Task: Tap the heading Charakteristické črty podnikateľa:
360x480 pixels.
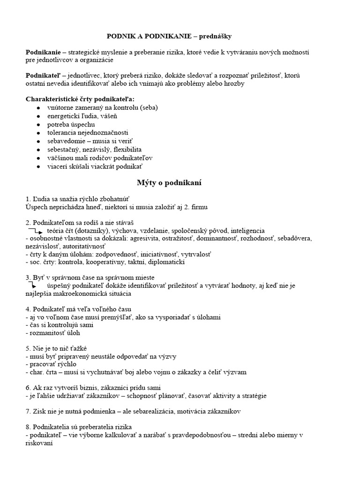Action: point(79,99)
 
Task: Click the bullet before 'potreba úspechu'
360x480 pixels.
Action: point(38,124)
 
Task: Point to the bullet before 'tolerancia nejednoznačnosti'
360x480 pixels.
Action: point(38,133)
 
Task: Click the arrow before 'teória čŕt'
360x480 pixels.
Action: point(37,231)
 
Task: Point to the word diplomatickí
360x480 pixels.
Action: point(166,262)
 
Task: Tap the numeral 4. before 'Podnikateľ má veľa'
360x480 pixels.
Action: point(28,309)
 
